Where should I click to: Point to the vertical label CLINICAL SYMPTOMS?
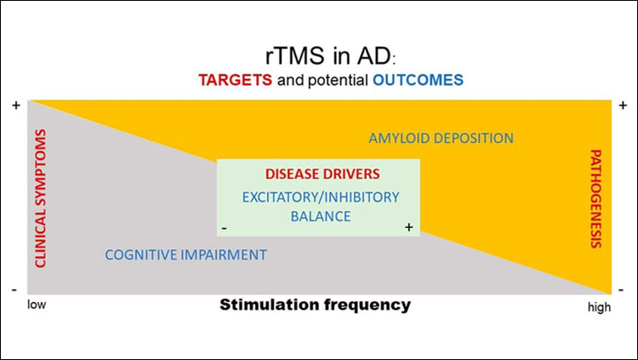[x=39, y=197]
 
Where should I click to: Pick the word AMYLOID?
[x=399, y=137]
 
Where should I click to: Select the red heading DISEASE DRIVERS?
[x=320, y=174]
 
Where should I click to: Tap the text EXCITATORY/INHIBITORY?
[x=320, y=197]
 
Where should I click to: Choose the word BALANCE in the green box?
[x=320, y=216]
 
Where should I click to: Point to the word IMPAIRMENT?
[x=225, y=254]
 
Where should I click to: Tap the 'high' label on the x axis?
[x=599, y=307]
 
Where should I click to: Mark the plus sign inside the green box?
[x=408, y=227]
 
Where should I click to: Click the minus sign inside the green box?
[x=223, y=228]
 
